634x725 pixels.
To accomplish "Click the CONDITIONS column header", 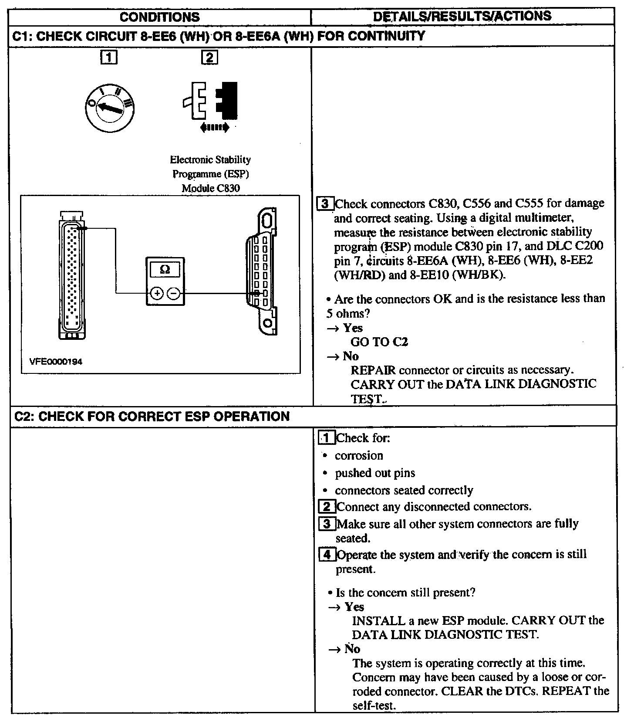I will pyautogui.click(x=159, y=17).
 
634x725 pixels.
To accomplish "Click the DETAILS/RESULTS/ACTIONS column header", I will pyautogui.click(x=462, y=16).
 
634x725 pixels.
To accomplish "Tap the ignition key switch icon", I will pyautogui.click(x=110, y=108).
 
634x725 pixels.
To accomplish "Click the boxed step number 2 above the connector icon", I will pyautogui.click(x=209, y=58).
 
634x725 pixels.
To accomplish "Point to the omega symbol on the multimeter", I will pyautogui.click(x=165, y=270).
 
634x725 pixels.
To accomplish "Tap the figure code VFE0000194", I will pyautogui.click(x=55, y=362).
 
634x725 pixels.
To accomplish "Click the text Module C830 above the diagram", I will pyautogui.click(x=211, y=189).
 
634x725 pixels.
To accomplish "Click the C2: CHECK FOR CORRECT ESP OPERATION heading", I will pyautogui.click(x=152, y=417).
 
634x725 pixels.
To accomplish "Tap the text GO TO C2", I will pyautogui.click(x=379, y=342).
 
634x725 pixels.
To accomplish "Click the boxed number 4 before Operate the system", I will pyautogui.click(x=327, y=555).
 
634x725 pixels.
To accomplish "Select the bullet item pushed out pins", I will pyautogui.click(x=375, y=473).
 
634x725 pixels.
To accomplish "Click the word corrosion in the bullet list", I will pyautogui.click(x=359, y=456).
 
